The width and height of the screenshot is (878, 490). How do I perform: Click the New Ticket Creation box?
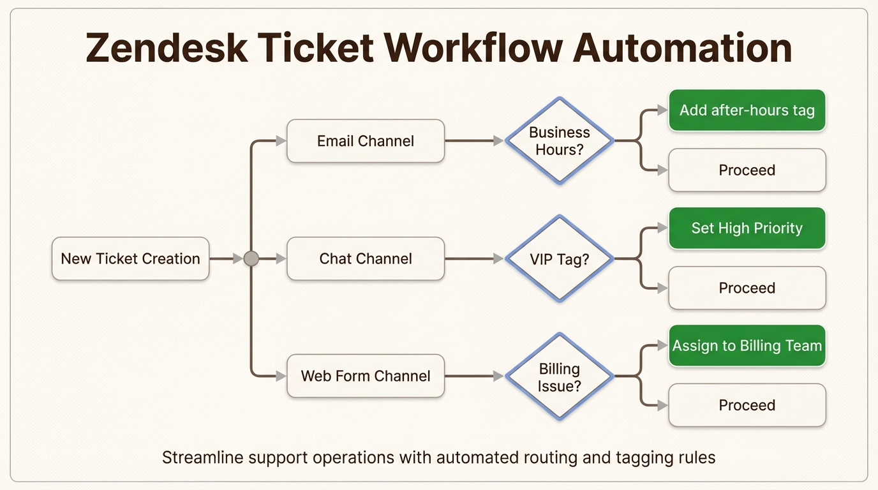(x=130, y=258)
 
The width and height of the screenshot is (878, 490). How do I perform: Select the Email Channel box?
(x=366, y=141)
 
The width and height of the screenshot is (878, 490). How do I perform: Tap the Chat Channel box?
(x=366, y=258)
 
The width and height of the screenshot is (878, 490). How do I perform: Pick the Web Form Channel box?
(x=366, y=376)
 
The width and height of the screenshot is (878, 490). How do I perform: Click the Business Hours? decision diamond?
(x=560, y=141)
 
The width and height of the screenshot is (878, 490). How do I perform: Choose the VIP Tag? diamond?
(x=560, y=258)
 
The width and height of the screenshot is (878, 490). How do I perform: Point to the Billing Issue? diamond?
(x=560, y=376)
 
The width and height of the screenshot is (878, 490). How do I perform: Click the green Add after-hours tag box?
(x=747, y=110)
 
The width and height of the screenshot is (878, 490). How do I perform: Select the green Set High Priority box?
(x=747, y=228)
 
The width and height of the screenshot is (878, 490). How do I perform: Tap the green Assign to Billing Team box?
(x=747, y=346)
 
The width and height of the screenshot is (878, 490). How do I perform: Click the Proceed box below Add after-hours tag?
(x=747, y=170)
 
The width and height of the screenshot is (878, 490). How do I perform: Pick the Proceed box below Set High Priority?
(x=747, y=288)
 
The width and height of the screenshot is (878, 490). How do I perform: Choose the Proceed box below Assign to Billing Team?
(x=747, y=405)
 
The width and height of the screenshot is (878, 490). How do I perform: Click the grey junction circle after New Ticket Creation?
(x=251, y=258)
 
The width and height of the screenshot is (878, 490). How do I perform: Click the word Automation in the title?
(x=682, y=48)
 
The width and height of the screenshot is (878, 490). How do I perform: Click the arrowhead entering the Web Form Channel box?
(x=281, y=376)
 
